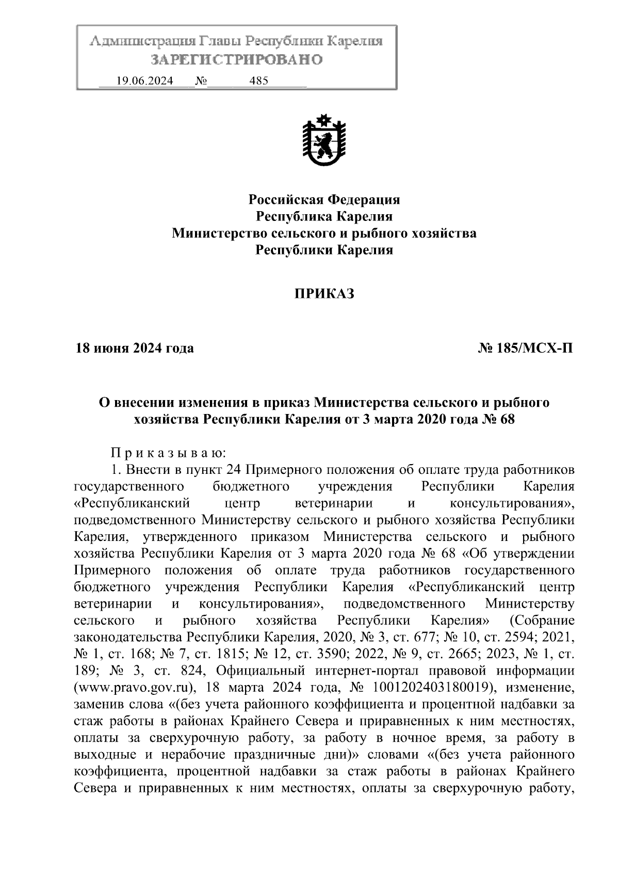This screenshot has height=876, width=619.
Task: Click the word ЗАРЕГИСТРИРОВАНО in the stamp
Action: [x=236, y=60]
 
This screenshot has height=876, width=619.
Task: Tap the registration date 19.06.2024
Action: [x=144, y=81]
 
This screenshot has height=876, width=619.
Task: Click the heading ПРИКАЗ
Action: [x=324, y=294]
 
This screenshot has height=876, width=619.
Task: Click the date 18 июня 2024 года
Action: [x=135, y=348]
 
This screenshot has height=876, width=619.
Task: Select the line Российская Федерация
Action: [x=324, y=199]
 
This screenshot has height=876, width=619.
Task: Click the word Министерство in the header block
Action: [x=215, y=233]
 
